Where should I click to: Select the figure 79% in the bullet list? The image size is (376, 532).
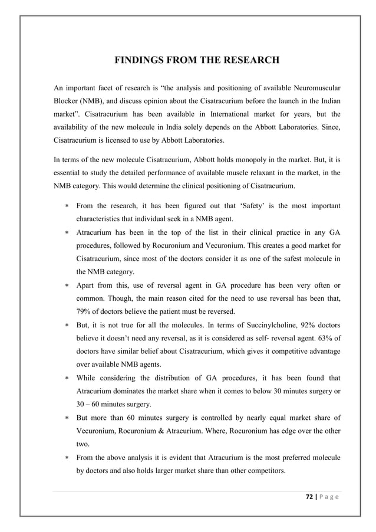point(85,311)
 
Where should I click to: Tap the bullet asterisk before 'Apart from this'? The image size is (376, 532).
point(67,285)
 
